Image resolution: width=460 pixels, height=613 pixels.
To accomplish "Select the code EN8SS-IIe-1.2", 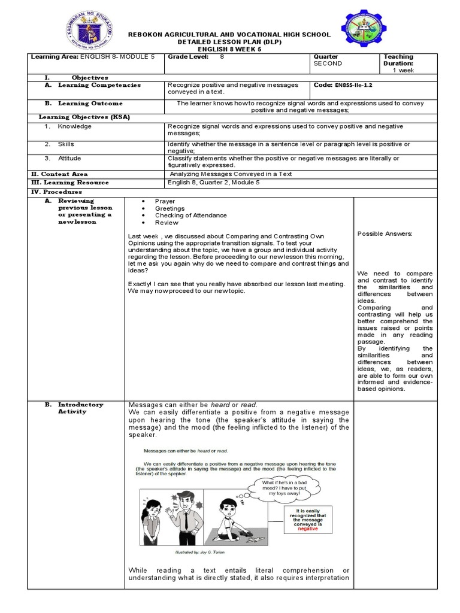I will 353,86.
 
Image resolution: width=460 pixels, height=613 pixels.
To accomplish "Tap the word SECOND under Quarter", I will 328,63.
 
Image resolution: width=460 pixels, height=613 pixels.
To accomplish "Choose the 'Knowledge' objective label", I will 74,126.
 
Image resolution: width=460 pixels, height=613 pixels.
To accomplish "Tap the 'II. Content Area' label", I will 59,174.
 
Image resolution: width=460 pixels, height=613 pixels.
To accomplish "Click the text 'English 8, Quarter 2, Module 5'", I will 214,183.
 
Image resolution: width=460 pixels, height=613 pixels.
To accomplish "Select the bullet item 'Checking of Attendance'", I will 190,216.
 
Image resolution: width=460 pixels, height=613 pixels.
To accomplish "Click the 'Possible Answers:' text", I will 385,233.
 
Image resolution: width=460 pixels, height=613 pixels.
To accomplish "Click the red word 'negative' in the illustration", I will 308,529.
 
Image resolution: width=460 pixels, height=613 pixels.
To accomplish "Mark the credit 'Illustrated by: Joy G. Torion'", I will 195,552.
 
